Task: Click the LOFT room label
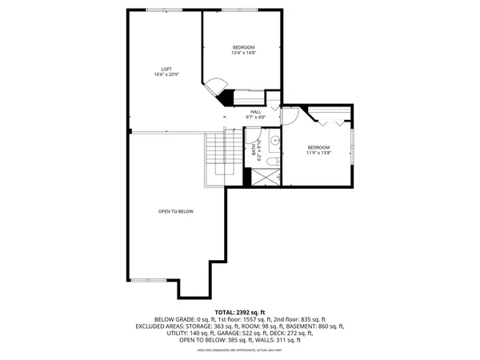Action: tap(166, 69)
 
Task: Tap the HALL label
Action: tap(256, 112)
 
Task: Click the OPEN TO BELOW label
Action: tap(175, 211)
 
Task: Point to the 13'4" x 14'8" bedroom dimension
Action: tap(242, 54)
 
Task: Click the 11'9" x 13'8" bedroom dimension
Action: tap(318, 154)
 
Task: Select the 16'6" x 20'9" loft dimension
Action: tap(166, 75)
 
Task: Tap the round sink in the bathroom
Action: tap(274, 141)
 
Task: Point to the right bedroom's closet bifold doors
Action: tap(331, 122)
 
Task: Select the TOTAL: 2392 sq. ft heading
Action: tap(239, 311)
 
